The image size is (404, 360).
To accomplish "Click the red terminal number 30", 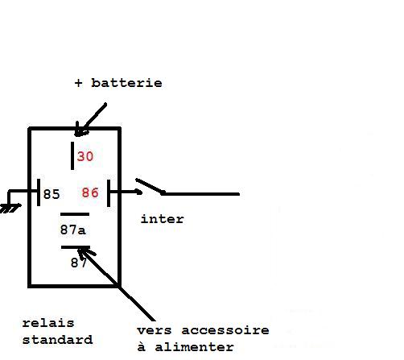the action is pyautogui.click(x=85, y=156).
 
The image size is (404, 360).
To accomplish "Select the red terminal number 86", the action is pyautogui.click(x=90, y=192).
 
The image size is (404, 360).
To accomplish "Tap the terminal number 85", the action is pyautogui.click(x=52, y=194).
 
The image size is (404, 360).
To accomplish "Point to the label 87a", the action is pyautogui.click(x=73, y=230).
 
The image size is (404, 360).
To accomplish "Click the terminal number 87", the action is pyautogui.click(x=79, y=263).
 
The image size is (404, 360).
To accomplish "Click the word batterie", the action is pyautogui.click(x=126, y=83).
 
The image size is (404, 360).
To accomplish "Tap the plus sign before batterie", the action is pyautogui.click(x=78, y=83).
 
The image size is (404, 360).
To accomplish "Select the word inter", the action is pyautogui.click(x=163, y=219).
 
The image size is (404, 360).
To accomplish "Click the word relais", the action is pyautogui.click(x=48, y=323).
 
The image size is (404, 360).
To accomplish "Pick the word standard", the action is pyautogui.click(x=58, y=340).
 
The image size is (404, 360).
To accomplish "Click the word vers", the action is pyautogui.click(x=155, y=330).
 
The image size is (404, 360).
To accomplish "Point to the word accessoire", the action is pyautogui.click(x=225, y=330).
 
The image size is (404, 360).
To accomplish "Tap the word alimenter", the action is pyautogui.click(x=195, y=347).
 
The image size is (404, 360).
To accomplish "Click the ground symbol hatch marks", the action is pyautogui.click(x=10, y=209).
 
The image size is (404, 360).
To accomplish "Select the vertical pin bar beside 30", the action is pyautogui.click(x=72, y=155).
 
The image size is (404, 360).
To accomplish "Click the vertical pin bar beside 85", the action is pyautogui.click(x=39, y=192).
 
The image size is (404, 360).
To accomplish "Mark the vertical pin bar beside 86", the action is pyautogui.click(x=109, y=193).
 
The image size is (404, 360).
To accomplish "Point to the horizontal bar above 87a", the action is pyautogui.click(x=75, y=214).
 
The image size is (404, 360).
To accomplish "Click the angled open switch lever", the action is pyautogui.click(x=150, y=186).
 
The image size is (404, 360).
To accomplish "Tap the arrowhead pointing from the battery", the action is pyautogui.click(x=80, y=130).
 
